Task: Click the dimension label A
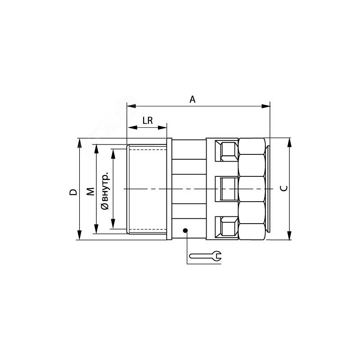pos(193,99)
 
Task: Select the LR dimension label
pos(148,121)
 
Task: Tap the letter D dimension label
pos(73,192)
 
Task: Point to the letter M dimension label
pos(91,192)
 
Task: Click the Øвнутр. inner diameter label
pos(105,190)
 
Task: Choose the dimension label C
pos(284,189)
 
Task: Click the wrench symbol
pos(206,256)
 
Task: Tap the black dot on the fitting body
pos(185,230)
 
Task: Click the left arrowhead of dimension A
pos(131,106)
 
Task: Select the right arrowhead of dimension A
pos(266,106)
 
